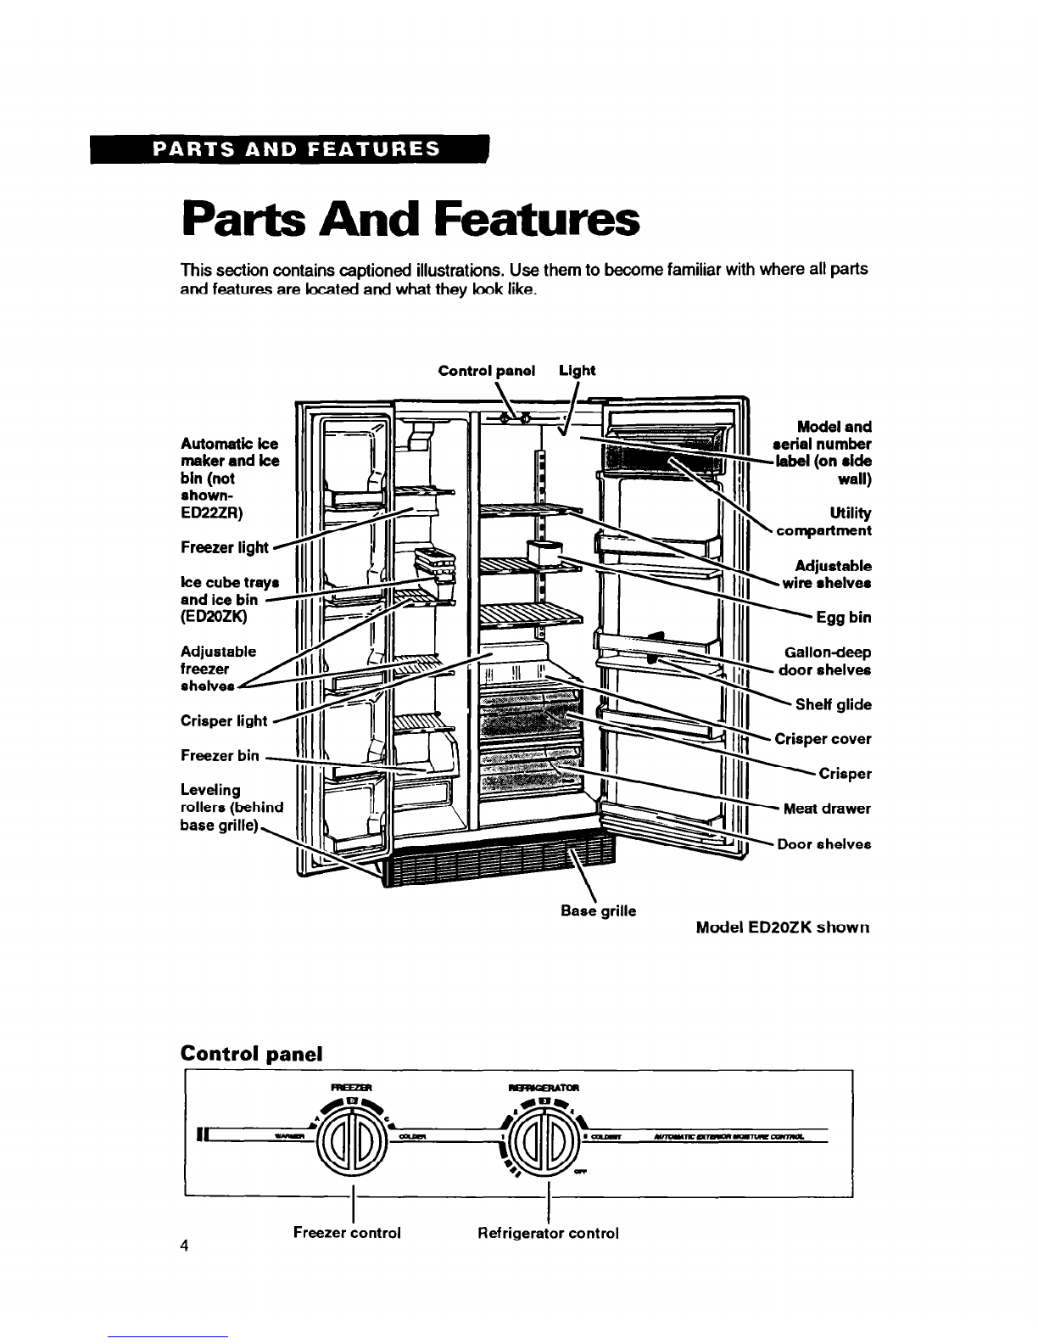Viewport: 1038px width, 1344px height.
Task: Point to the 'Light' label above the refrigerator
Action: pyautogui.click(x=578, y=371)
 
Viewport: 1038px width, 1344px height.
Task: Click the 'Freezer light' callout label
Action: pyautogui.click(x=225, y=548)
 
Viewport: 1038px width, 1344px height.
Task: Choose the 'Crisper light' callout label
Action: pyautogui.click(x=224, y=721)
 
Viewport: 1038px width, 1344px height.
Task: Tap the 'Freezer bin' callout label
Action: pyautogui.click(x=220, y=755)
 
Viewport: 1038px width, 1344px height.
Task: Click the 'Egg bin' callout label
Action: pyautogui.click(x=843, y=618)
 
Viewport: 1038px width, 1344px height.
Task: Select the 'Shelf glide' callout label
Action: pyautogui.click(x=833, y=704)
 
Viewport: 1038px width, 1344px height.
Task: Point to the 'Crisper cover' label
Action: pyautogui.click(x=823, y=739)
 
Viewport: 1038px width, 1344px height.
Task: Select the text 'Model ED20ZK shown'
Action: pyautogui.click(x=784, y=927)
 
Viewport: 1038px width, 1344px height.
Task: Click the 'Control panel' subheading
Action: pyautogui.click(x=252, y=1054)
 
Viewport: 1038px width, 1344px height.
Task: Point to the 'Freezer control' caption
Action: pyautogui.click(x=347, y=1232)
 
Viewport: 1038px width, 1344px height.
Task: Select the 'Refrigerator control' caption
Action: pyautogui.click(x=548, y=1232)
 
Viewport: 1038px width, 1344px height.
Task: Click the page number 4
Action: pyautogui.click(x=183, y=1246)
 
